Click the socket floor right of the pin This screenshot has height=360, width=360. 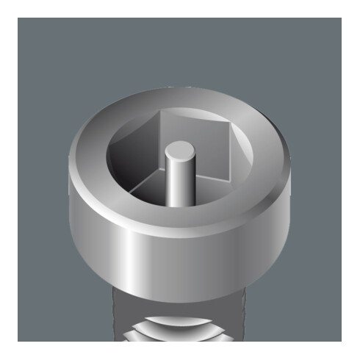pos(209,192)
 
